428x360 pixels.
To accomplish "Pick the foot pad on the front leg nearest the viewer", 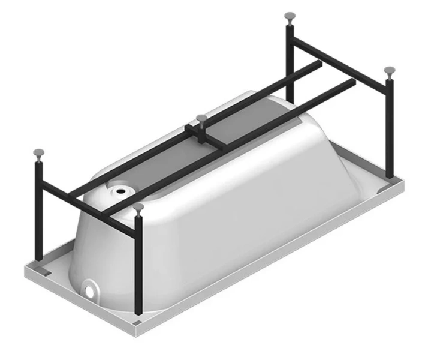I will pos(139,207).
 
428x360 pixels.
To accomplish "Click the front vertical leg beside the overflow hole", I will pos(139,264).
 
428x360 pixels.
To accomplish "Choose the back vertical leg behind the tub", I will pos(290,60).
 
